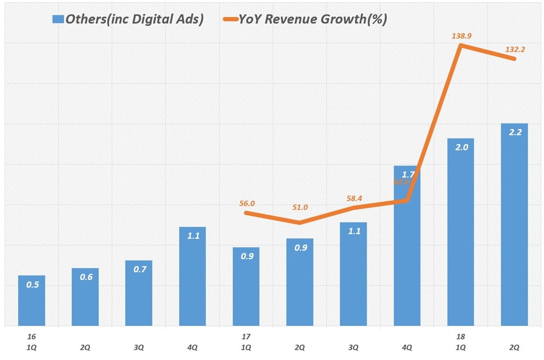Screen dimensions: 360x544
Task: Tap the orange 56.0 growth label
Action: pyautogui.click(x=247, y=203)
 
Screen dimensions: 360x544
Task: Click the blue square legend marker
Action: pyautogui.click(x=58, y=20)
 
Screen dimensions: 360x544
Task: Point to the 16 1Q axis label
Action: pyautogui.click(x=32, y=342)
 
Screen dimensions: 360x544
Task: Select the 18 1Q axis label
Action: pyautogui.click(x=461, y=342)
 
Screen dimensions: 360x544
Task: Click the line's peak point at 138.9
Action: pyautogui.click(x=461, y=45)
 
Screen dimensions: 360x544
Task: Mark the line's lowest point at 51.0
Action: pyautogui.click(x=300, y=223)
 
